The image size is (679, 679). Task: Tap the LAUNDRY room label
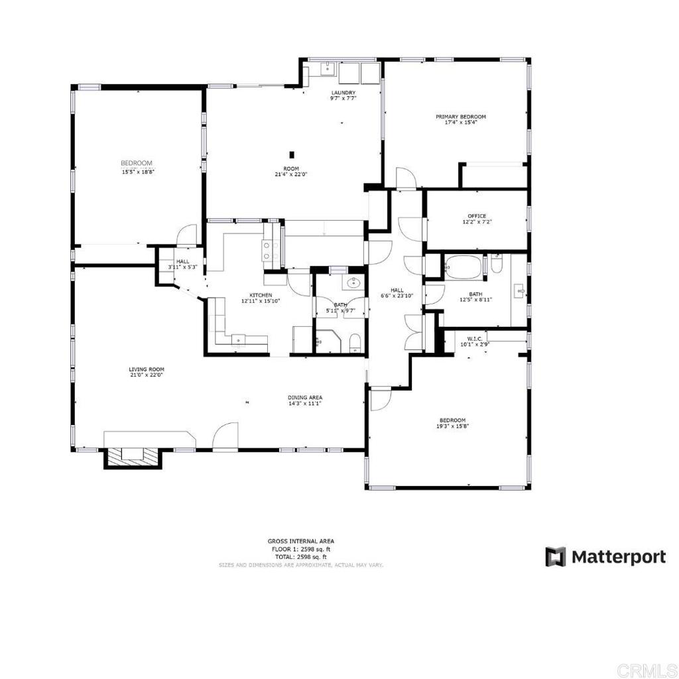343,93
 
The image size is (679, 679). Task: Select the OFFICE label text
477,216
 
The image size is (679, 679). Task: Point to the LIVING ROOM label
147,369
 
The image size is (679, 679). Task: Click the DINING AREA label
305,397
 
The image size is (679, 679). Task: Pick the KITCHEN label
261,295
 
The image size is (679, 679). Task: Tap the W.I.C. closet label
474,339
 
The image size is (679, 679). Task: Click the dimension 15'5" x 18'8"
138,172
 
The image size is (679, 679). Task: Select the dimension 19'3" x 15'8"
452,426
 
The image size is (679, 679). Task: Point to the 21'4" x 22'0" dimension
291,174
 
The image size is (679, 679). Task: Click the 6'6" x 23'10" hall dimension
397,296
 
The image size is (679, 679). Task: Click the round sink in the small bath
353,284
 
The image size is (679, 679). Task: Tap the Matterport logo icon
556,557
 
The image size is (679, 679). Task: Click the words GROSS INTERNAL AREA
300,541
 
